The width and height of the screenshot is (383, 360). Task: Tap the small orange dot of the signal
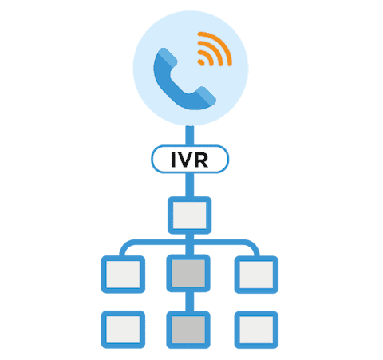(201, 62)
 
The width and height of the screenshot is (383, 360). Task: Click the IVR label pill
(190, 159)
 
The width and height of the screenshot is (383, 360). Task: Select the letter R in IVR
(201, 160)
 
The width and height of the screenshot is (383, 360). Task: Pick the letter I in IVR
(174, 160)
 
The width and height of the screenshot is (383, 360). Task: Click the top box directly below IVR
(190, 216)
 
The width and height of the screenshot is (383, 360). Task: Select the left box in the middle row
(123, 275)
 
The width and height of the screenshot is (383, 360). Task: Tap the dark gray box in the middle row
(188, 273)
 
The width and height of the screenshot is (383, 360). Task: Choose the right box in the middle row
(256, 275)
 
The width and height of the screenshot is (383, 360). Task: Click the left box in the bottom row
(123, 330)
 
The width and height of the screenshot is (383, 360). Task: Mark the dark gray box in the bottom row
(188, 330)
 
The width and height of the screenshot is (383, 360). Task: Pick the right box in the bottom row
(256, 330)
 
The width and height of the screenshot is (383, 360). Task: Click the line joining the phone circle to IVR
(190, 136)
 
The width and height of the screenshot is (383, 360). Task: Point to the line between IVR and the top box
(190, 185)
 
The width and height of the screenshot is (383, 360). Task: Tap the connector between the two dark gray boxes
(189, 302)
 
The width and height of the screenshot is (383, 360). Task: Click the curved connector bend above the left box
(124, 246)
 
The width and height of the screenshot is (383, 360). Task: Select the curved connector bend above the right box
(255, 246)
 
